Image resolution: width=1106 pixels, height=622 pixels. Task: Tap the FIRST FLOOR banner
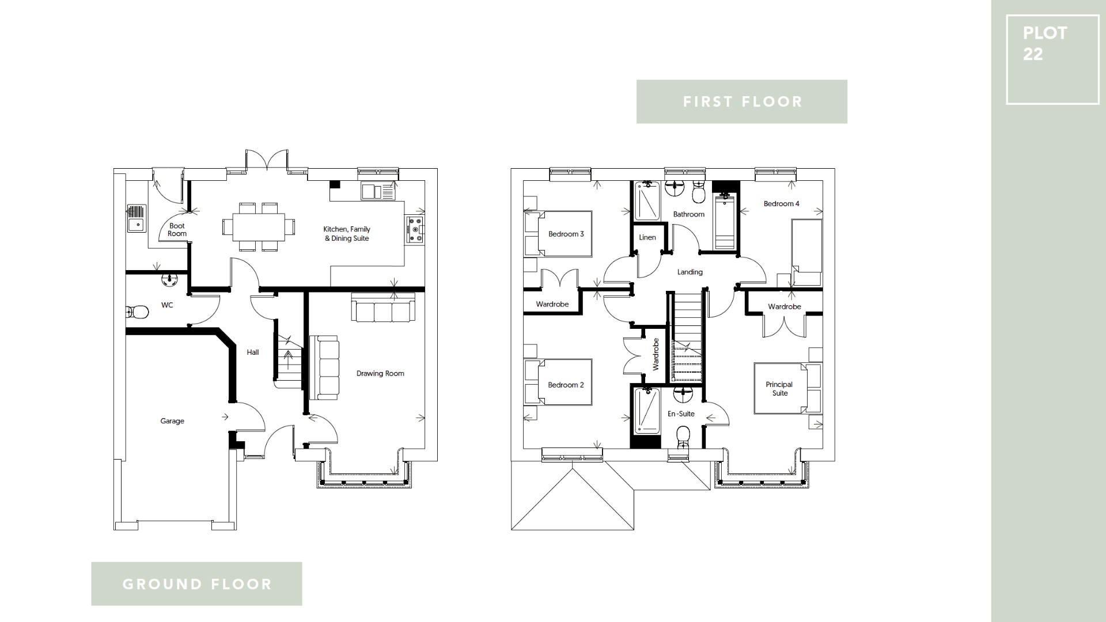[x=741, y=102]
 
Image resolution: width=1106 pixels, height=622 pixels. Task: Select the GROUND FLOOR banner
[x=196, y=584]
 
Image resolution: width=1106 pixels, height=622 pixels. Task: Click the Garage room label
[x=172, y=421]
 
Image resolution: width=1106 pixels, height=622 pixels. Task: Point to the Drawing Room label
[x=380, y=373]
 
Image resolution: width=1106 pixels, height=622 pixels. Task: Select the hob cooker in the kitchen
[x=415, y=229]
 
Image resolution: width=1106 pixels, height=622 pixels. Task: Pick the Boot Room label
[x=177, y=230]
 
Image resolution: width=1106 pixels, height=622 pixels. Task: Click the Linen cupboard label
[x=647, y=237]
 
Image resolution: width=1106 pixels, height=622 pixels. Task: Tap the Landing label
[x=690, y=272]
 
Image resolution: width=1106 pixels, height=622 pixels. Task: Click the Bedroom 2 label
[x=566, y=385]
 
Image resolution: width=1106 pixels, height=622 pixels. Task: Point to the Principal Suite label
[x=779, y=389]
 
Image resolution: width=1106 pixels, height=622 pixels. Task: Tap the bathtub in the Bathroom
[x=725, y=222]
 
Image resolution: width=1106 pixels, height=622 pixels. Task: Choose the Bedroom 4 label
[x=781, y=203]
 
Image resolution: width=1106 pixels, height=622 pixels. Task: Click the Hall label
[x=253, y=352]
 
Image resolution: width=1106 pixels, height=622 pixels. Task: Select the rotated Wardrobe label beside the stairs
[x=656, y=354]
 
